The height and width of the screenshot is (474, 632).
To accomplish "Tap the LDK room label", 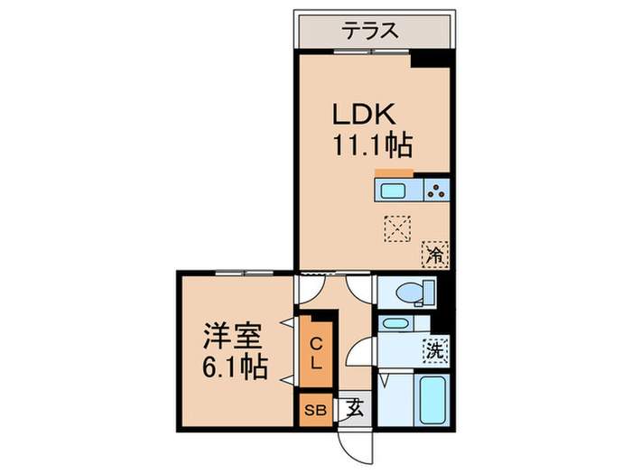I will [365, 116].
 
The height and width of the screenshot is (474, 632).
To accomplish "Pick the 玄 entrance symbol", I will [353, 408].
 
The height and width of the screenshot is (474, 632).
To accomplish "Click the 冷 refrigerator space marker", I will [436, 255].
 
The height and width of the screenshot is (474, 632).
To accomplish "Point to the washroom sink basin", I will [395, 323].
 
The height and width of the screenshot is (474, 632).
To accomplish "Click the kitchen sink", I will [395, 191].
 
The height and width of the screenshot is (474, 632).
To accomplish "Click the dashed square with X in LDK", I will [396, 227].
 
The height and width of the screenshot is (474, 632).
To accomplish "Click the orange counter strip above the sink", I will [394, 173].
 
